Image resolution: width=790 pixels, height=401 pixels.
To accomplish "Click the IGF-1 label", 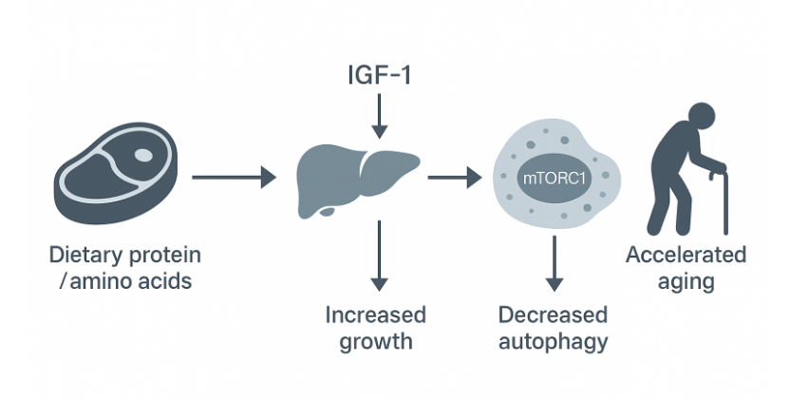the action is pos(379,75).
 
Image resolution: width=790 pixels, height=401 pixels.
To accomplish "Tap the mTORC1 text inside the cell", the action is pos(555,178).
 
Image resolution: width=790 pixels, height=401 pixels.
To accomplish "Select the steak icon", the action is pos(116,173).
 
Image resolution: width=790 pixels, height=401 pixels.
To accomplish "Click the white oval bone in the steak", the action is pos(143,155).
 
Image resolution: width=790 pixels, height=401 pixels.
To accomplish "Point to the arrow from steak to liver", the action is pos(235,178).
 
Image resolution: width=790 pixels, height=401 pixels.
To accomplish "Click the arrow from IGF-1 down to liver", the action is pos(379,116).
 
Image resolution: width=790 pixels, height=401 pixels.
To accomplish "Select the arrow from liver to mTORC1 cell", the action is pos(455,178).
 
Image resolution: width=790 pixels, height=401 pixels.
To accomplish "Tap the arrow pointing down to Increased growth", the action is pos(379,256).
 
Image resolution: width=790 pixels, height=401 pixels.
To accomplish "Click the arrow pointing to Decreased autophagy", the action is pos(555,263).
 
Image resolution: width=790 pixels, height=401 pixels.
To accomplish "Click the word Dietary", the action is pos(85,256).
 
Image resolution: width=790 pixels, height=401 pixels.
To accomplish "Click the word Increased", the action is pos(376,315).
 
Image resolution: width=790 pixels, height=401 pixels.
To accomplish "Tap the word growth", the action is pos(376,342).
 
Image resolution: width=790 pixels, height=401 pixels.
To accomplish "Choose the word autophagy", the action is pos(554,342).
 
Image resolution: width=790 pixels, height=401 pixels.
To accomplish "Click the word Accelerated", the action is pos(686,255).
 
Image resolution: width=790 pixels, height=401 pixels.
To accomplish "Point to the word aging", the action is pos(687,281).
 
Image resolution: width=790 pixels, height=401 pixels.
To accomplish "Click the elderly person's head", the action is pos(701,118).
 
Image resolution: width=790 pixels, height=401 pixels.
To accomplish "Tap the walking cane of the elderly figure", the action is pos(724,201).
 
